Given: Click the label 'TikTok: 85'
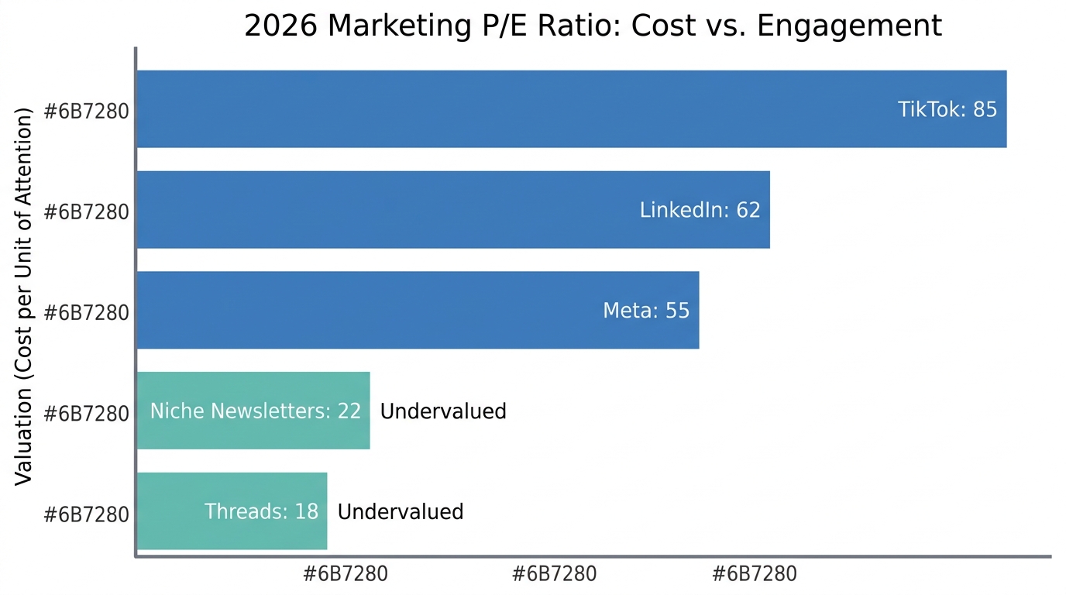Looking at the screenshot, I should coord(947,109).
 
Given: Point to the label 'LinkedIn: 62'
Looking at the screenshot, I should coord(700,210).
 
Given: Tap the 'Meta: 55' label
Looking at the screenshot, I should coord(645,311).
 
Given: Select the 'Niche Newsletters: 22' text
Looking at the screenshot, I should coord(256,411).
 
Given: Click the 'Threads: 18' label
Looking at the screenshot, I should coord(261,511).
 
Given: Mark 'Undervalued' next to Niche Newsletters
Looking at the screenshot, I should coord(443,411).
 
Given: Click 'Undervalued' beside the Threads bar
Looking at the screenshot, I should coord(401,511).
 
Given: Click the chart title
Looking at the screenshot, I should coord(593,26).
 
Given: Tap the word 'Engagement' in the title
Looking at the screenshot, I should coord(850,26).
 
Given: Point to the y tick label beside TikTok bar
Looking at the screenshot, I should coord(86,111).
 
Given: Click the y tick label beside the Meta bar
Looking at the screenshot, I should coord(86,312).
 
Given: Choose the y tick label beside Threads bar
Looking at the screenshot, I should coord(86,514).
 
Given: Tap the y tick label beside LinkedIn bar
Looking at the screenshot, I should coord(86,212).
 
